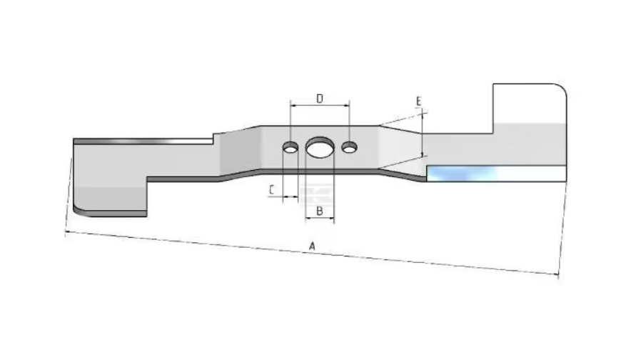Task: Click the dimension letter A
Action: [312, 246]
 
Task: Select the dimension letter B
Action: [319, 211]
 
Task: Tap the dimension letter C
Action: [272, 190]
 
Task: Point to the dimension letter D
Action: [320, 99]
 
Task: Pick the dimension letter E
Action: [418, 101]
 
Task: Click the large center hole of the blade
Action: [320, 147]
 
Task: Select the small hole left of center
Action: [291, 147]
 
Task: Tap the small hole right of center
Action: [349, 147]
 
